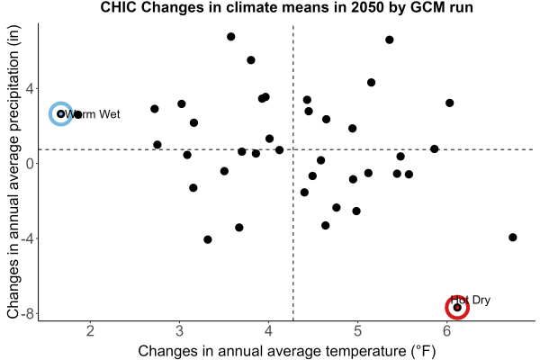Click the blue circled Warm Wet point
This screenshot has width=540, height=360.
(x=61, y=113)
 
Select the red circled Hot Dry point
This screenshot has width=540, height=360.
(x=457, y=307)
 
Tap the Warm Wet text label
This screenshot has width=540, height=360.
(x=93, y=114)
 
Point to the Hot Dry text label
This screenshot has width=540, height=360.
(x=471, y=300)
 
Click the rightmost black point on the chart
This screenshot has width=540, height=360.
(x=512, y=237)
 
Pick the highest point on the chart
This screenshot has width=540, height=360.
(x=230, y=37)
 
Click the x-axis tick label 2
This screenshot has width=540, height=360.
(x=90, y=331)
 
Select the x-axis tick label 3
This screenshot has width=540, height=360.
(x=179, y=331)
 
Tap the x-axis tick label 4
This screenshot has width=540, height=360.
(x=268, y=331)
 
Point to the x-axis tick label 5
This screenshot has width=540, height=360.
(x=357, y=331)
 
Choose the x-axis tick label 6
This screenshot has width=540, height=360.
(x=446, y=331)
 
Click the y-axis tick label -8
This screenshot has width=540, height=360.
(x=29, y=314)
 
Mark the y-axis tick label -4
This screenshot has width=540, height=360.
(x=29, y=238)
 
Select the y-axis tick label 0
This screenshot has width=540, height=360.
(x=31, y=163)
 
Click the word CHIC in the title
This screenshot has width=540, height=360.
(x=118, y=7)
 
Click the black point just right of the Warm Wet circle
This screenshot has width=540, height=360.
(x=77, y=114)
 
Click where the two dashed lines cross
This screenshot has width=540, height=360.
(x=293, y=149)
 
